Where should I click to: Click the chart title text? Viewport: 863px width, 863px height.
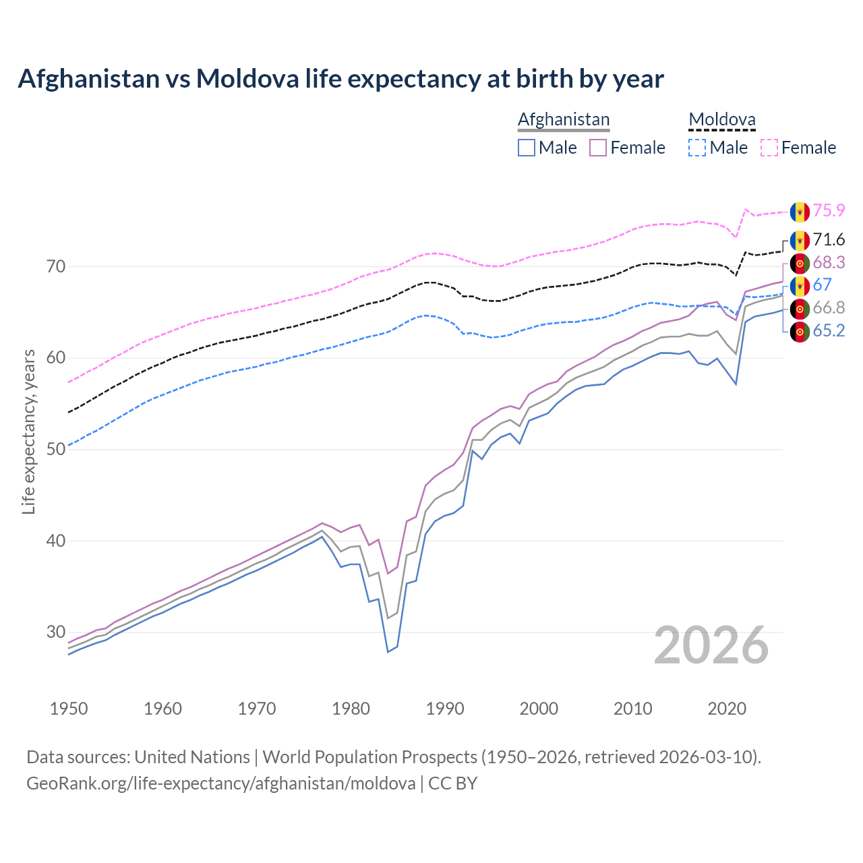point(340,79)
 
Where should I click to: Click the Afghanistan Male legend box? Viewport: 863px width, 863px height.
point(527,148)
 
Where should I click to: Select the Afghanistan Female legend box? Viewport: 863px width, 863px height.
point(598,148)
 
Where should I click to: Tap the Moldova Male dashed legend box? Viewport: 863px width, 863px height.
point(697,148)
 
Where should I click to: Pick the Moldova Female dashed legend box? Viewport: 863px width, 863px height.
point(769,148)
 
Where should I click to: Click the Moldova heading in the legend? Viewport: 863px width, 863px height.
point(722,120)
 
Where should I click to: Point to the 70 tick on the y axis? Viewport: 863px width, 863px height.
point(56,266)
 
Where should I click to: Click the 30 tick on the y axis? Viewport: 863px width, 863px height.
point(56,632)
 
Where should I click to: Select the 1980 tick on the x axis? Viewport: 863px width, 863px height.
point(351,709)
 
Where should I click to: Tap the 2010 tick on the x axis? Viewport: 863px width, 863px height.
point(632,709)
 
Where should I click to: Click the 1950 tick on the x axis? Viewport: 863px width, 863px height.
point(69,709)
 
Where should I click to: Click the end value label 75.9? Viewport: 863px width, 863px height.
point(829,210)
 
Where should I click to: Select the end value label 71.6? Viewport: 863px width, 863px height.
point(829,239)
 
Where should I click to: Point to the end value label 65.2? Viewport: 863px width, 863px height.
point(829,330)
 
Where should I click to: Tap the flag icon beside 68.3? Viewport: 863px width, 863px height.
point(800,262)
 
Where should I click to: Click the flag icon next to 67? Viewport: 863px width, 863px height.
point(800,285)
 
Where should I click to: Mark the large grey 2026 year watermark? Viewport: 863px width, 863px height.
point(711,645)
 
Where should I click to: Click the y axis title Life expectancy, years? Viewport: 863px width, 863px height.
point(29,431)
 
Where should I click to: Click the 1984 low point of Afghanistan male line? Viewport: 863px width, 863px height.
point(388,652)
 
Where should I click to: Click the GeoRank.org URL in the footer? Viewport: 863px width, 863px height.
point(220,783)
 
